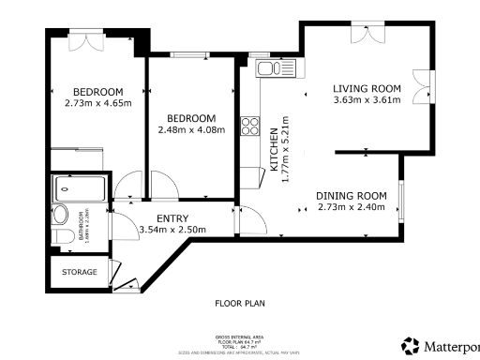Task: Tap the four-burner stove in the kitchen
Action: pos(250,126)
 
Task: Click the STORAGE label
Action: pos(80,272)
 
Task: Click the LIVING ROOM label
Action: pos(367,89)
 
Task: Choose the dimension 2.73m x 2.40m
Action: pos(352,207)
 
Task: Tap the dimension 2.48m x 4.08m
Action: pos(191,129)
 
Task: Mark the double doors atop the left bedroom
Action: pos(85,42)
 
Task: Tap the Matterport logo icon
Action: pos(410,345)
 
